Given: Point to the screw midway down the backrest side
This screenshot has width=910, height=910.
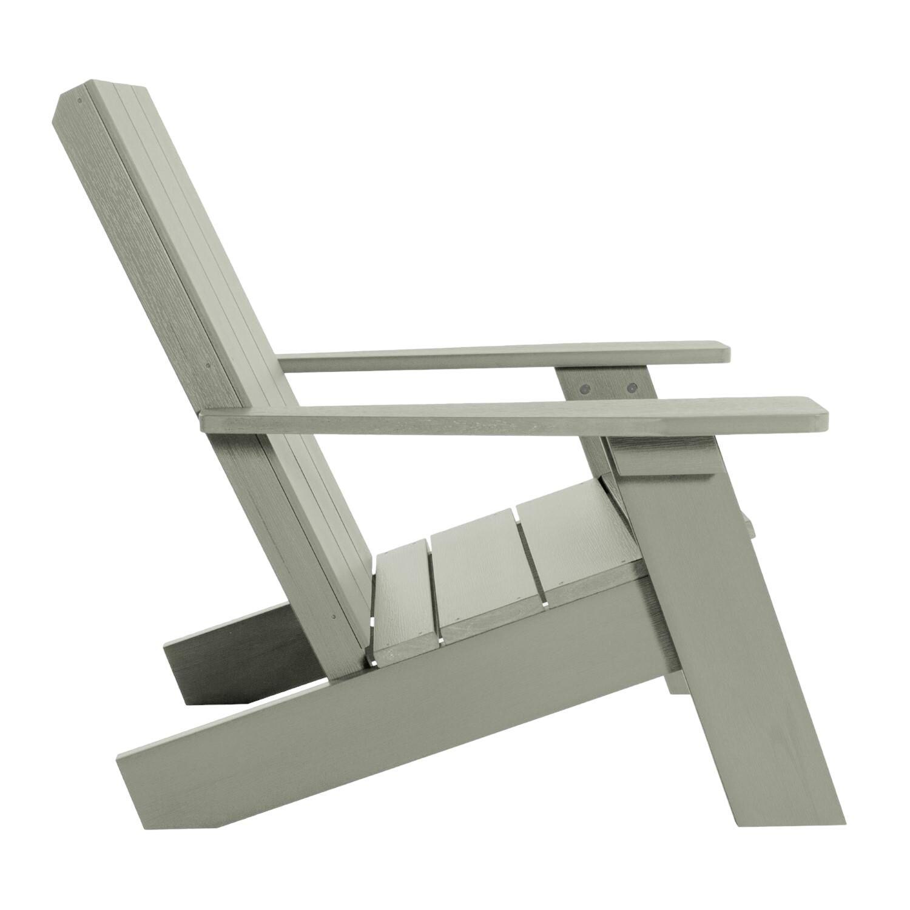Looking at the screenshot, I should pyautogui.click(x=208, y=366).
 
